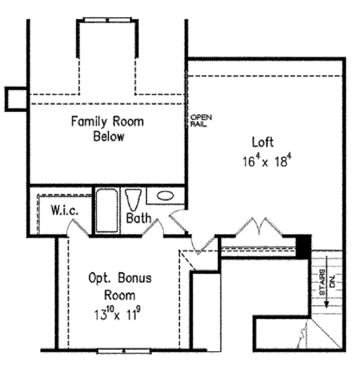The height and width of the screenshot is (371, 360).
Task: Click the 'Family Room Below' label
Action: tap(107, 129)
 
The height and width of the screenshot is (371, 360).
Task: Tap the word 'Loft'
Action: tap(263, 142)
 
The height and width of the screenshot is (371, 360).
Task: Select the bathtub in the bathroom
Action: tap(107, 211)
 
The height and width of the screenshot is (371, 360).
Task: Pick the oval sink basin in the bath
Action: tap(164, 196)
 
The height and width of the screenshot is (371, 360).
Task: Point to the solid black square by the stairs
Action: tap(305, 245)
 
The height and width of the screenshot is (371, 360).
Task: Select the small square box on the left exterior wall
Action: tap(15, 98)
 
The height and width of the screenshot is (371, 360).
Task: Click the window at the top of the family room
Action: tap(108, 20)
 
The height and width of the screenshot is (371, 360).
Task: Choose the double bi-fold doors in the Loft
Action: tap(259, 228)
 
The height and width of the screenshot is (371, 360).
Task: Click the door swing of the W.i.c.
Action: tap(77, 227)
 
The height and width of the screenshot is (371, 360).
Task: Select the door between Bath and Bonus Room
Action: tap(154, 227)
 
